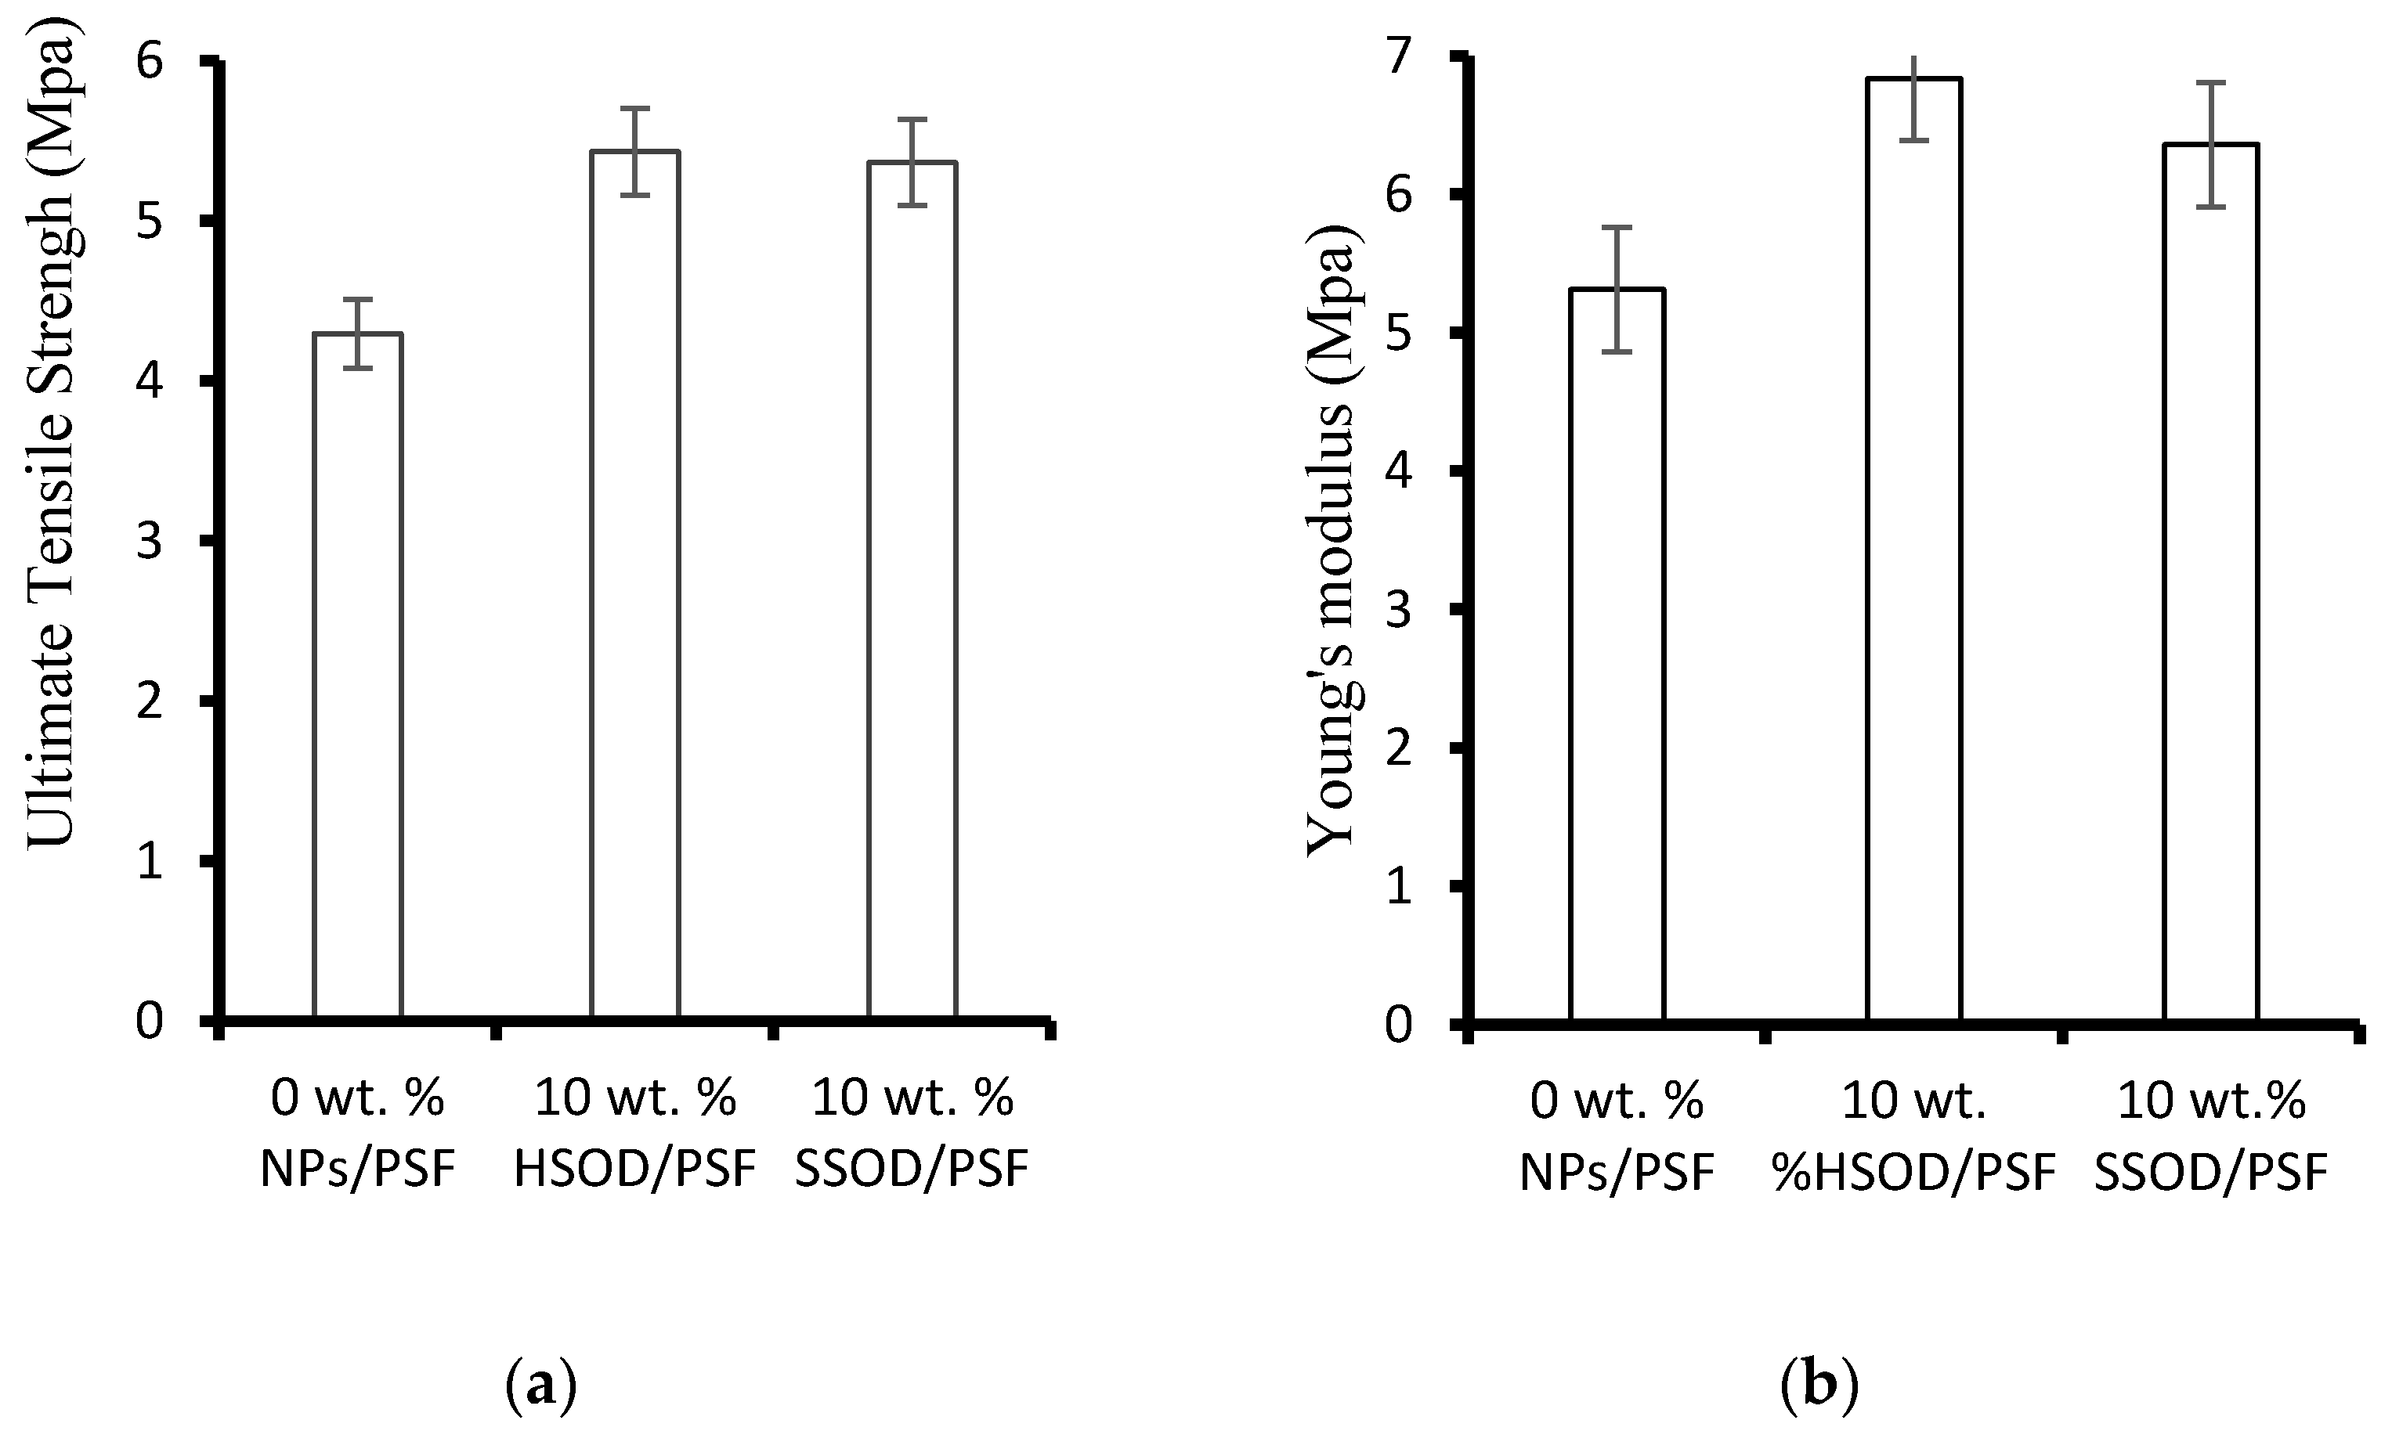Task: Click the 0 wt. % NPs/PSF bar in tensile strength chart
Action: [x=358, y=675]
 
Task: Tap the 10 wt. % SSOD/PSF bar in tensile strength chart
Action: [x=912, y=588]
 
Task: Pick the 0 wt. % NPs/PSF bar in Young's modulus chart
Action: [x=1617, y=656]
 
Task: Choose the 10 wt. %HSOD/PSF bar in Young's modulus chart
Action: [x=1914, y=550]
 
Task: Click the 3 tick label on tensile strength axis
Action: [x=150, y=542]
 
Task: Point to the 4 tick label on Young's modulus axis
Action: [x=1399, y=471]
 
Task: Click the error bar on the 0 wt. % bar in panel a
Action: [x=358, y=333]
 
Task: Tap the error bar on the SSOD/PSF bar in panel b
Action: [x=2210, y=145]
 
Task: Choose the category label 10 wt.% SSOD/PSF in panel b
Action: [x=2210, y=1138]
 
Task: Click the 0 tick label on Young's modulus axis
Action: [x=1399, y=1024]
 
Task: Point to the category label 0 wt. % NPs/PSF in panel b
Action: [x=1617, y=1138]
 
